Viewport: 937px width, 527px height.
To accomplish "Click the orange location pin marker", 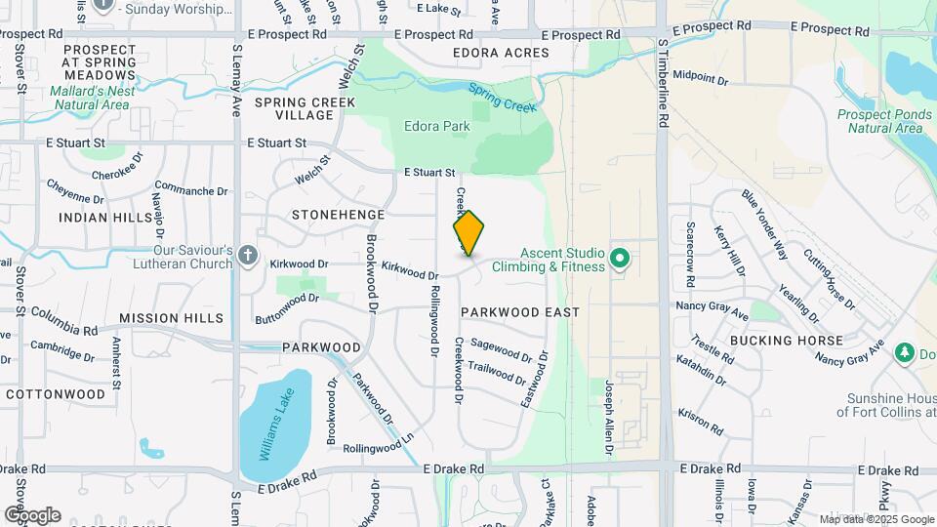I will (468, 233).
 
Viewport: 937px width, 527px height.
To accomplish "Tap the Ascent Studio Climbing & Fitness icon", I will (619, 259).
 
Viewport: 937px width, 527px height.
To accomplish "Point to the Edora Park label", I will (436, 126).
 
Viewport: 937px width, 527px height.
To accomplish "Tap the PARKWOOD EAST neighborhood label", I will (520, 312).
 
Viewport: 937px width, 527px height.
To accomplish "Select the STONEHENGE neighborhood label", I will (338, 213).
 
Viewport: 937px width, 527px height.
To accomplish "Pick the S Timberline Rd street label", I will (663, 83).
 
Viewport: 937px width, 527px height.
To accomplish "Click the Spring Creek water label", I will (503, 99).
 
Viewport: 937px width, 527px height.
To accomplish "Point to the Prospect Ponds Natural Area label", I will (877, 121).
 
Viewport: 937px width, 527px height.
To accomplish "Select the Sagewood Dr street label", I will (501, 350).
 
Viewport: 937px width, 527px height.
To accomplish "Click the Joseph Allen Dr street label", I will (608, 417).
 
